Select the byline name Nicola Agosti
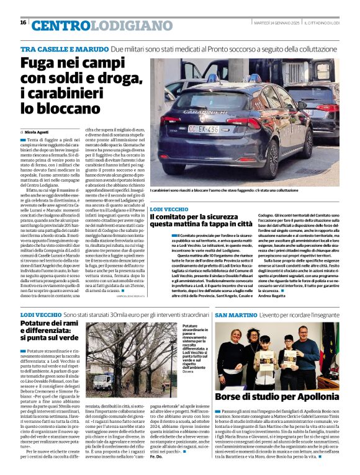click(x=38, y=133)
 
